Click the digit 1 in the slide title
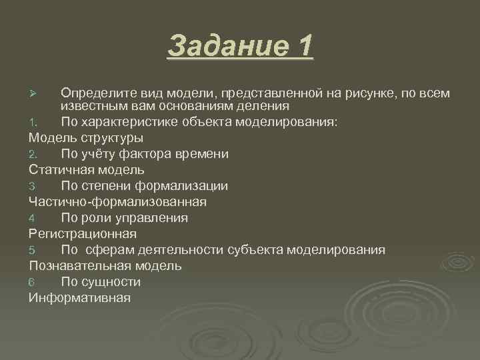pyautogui.click(x=303, y=46)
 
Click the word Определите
pyautogui.click(x=97, y=91)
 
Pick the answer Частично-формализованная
pyautogui.click(x=117, y=201)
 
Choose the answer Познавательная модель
pyautogui.click(x=105, y=265)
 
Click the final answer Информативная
pyautogui.click(x=79, y=297)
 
